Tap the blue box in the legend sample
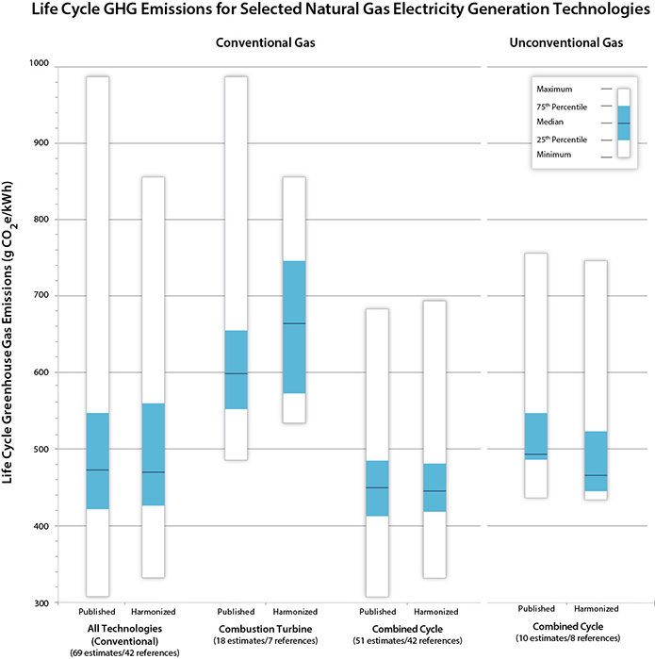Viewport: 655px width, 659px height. tap(623, 123)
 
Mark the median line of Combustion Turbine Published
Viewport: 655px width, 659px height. tap(236, 374)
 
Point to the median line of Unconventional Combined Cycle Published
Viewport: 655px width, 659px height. tap(535, 454)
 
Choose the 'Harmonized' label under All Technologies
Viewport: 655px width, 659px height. tap(153, 611)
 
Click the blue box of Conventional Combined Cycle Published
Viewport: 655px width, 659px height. tap(377, 487)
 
